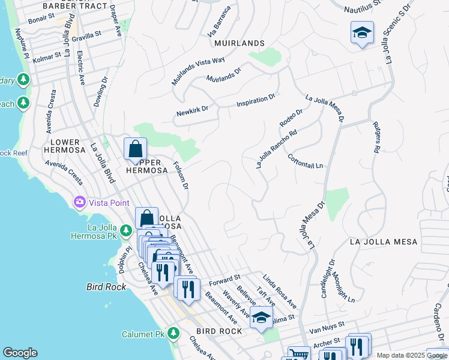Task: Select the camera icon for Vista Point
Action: (x=79, y=202)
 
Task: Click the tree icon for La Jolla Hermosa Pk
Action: (x=125, y=230)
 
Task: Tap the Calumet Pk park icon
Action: (x=173, y=332)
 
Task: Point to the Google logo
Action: (x=20, y=353)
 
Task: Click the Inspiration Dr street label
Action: (x=255, y=100)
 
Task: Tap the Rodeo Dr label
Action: (x=291, y=118)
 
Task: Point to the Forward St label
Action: (x=224, y=280)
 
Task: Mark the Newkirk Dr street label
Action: (x=191, y=111)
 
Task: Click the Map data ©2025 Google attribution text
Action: (x=411, y=355)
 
